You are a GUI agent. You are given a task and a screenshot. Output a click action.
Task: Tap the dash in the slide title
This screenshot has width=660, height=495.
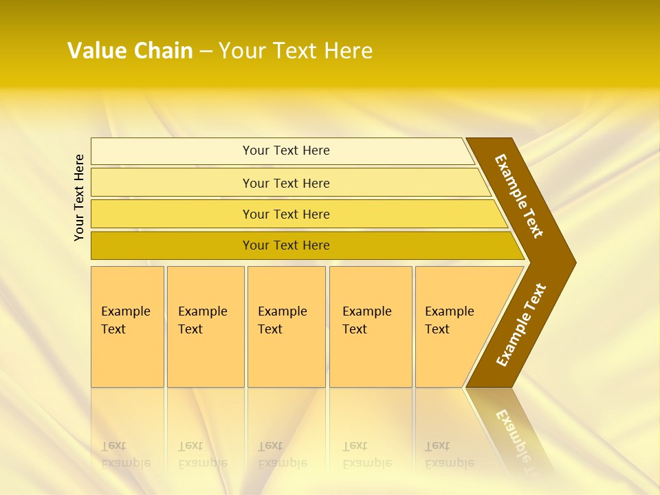(x=206, y=52)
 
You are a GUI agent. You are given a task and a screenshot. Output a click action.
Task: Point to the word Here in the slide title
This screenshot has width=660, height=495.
(x=348, y=51)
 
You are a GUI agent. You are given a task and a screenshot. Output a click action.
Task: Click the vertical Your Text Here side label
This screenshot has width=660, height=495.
(x=80, y=197)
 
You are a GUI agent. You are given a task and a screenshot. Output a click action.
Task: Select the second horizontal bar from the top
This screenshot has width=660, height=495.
(x=286, y=183)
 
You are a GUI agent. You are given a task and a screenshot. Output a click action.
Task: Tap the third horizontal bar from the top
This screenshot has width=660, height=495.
(x=286, y=214)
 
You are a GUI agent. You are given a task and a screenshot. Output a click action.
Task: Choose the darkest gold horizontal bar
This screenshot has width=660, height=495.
(x=286, y=245)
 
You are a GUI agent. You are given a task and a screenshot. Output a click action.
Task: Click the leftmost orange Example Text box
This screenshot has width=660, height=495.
(x=127, y=327)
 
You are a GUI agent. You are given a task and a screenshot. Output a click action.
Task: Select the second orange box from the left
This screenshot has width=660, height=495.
(x=205, y=327)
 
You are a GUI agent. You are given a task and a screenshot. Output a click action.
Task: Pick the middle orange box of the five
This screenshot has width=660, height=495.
(x=286, y=327)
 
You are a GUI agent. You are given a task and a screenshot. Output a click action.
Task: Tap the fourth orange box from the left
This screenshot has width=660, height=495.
(x=371, y=327)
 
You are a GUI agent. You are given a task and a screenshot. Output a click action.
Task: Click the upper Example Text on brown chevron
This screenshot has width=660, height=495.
(x=519, y=196)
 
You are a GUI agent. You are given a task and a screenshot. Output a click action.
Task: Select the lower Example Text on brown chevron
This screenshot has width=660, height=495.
(x=521, y=324)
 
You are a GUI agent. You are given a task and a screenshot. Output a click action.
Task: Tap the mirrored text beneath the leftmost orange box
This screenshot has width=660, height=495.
(x=125, y=455)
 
